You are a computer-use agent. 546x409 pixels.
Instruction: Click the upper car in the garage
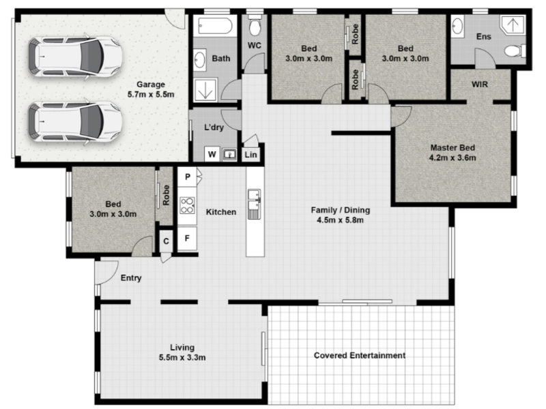coord(75,57)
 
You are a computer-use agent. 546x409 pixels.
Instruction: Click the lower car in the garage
coord(75,121)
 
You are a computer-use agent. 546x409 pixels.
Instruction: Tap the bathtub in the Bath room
coord(215,26)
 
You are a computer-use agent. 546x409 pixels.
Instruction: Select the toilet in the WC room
coord(255,26)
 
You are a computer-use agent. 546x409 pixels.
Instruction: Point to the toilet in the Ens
coord(515,51)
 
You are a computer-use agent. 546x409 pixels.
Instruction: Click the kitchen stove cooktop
coord(187,205)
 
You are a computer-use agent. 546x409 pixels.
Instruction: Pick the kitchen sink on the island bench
coord(254,204)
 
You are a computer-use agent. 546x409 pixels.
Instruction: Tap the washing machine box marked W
coord(212,154)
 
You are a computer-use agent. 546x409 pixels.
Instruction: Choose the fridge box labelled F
coord(187,239)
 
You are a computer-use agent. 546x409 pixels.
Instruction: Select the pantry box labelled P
coord(187,177)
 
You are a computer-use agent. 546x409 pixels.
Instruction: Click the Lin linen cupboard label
coord(250,155)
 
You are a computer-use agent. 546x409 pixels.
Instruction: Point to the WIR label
coord(480,85)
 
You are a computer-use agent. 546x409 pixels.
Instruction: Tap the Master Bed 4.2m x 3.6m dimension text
coord(452,157)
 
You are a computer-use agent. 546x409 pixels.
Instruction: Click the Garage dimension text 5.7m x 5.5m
coord(151,94)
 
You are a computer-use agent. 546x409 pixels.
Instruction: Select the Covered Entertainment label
coord(360,355)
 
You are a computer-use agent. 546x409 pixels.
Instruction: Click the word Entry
coord(131,278)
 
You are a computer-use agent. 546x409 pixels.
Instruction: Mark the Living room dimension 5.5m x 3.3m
coord(182,357)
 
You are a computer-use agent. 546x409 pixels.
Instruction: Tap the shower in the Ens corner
coord(513,25)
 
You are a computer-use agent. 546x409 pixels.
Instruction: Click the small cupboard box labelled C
coord(166,241)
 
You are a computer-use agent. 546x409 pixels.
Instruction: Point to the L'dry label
coord(214,127)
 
